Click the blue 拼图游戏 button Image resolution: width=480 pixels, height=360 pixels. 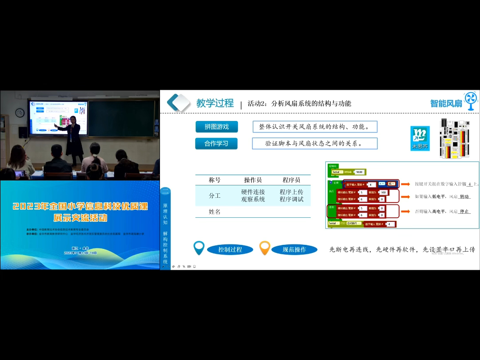tap(216, 127)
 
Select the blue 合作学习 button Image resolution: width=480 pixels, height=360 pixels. tap(216, 144)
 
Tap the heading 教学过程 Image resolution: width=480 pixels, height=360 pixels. tap(215, 103)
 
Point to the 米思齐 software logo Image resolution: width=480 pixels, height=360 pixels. tap(420, 138)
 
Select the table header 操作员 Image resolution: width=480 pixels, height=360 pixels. tap(253, 180)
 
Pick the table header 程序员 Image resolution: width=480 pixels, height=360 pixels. tap(292, 180)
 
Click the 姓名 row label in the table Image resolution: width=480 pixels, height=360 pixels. tap(215, 212)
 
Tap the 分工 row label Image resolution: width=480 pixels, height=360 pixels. tap(215, 196)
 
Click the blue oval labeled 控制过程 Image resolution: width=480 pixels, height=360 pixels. tap(230, 249)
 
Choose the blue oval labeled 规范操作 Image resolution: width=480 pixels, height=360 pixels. tap(294, 249)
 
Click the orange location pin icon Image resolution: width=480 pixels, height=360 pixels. tap(264, 248)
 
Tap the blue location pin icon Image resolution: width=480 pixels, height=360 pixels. tap(199, 248)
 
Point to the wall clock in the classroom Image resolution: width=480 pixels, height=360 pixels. tap(20, 113)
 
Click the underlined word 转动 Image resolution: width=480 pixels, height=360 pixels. tap(464, 196)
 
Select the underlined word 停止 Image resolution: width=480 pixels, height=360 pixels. tap(464, 212)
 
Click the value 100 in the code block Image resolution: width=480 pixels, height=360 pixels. tap(383, 192)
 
